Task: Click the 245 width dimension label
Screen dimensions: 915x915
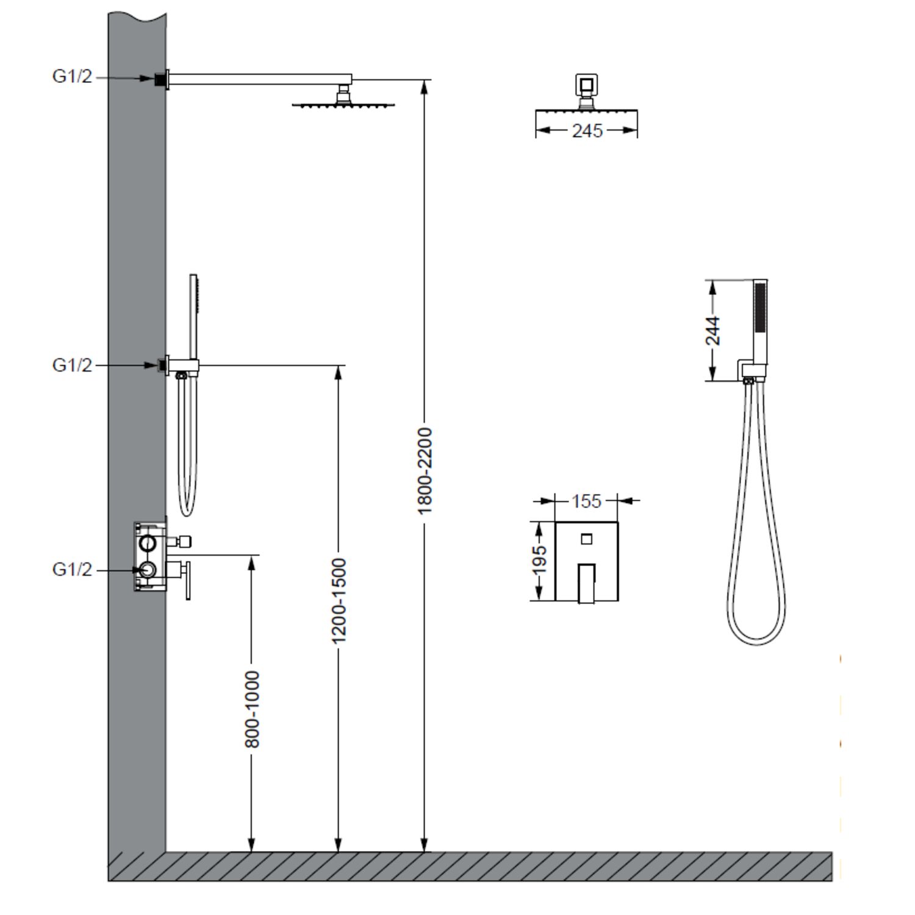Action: coord(587,131)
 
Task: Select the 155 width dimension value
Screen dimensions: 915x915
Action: coord(586,501)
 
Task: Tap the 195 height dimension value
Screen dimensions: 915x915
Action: coord(539,559)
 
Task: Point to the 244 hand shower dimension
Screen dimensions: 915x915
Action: coord(712,330)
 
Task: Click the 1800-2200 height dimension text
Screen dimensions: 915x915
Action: coord(425,470)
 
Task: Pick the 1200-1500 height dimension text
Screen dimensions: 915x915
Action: coord(339,600)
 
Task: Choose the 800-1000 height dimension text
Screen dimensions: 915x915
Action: coord(252,709)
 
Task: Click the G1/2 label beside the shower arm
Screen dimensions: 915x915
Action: coord(72,76)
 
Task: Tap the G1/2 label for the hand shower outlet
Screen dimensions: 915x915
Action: coord(72,365)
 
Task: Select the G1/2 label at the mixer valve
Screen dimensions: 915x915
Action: coord(72,569)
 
